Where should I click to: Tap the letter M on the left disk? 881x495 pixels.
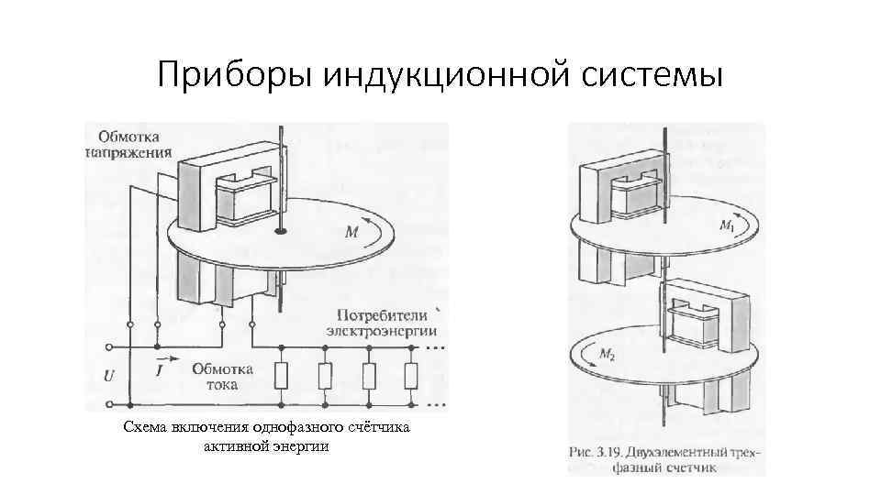[x=351, y=233]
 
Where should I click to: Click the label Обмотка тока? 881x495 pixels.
[x=217, y=377]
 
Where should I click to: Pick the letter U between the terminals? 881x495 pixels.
[x=109, y=376]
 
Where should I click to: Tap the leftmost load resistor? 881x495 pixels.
[x=283, y=376]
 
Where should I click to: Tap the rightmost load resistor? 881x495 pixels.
[x=412, y=376]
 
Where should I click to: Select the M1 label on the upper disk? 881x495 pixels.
[x=727, y=225]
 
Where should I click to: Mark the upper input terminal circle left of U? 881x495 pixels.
[x=110, y=347]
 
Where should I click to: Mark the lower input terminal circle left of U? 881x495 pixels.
[x=110, y=403]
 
